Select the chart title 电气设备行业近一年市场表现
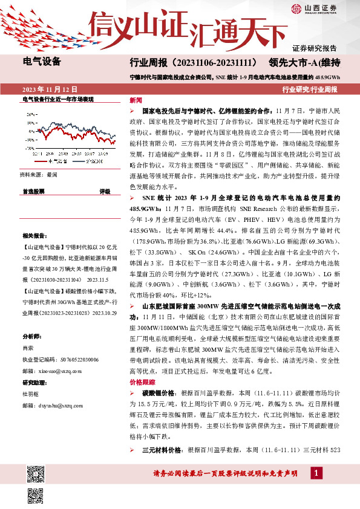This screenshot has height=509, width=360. (57, 99)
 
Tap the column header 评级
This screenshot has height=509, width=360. (105, 191)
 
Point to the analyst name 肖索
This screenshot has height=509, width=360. (28, 348)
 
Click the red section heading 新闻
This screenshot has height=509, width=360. (136, 100)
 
